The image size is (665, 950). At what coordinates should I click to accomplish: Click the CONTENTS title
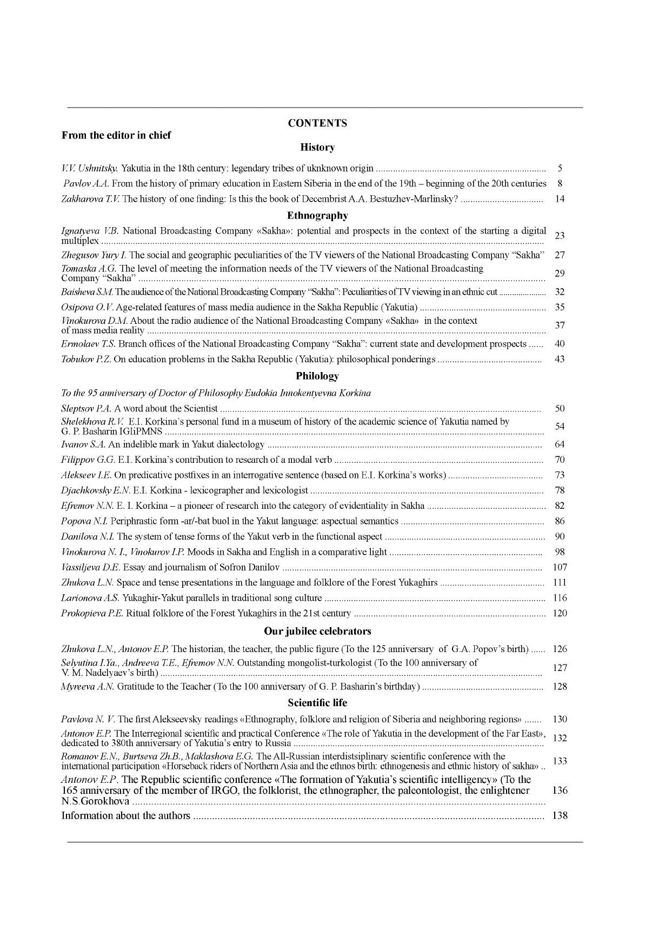(x=317, y=123)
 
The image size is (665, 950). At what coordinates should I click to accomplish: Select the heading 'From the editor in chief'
(x=116, y=135)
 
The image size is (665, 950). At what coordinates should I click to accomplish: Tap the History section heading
(x=317, y=147)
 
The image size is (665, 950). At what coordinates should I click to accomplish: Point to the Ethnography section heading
(x=317, y=216)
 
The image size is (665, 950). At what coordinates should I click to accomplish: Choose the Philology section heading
(x=317, y=376)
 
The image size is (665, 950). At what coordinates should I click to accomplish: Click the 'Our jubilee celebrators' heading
(x=317, y=631)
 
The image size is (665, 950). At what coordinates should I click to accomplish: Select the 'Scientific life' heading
(x=317, y=703)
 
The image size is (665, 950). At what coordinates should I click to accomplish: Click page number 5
(x=560, y=168)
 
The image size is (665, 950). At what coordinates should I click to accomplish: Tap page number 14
(x=560, y=199)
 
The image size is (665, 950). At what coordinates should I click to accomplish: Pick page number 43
(x=560, y=359)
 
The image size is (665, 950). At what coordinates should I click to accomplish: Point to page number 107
(x=560, y=567)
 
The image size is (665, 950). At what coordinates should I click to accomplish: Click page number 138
(x=560, y=816)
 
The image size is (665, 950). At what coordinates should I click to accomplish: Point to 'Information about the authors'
(x=126, y=816)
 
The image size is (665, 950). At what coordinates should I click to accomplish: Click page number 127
(x=560, y=668)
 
